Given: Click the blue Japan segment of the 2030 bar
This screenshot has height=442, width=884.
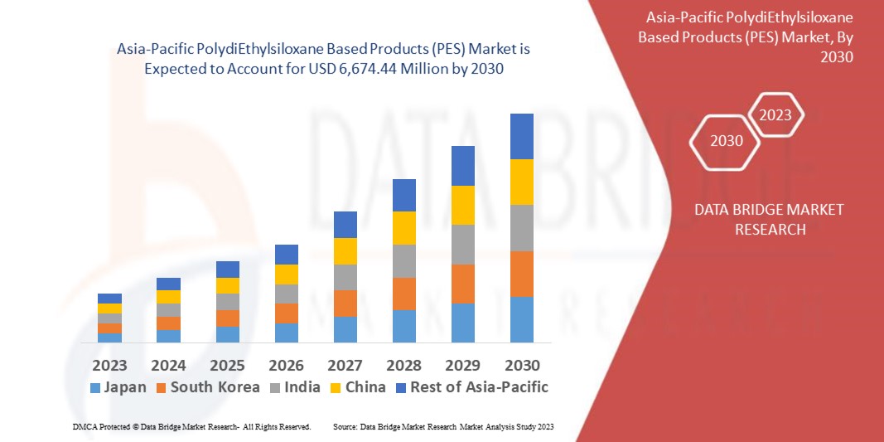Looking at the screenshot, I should click(x=521, y=319).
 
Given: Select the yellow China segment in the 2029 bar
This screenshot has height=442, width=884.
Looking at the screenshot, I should click(x=462, y=205).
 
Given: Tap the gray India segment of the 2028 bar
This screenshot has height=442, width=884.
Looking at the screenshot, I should click(x=403, y=260).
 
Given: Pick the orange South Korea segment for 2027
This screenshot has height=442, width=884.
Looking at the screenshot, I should click(x=345, y=303).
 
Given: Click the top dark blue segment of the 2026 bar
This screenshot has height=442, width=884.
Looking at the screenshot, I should click(x=287, y=254).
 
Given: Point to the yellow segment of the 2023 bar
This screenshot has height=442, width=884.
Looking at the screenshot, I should click(x=109, y=308).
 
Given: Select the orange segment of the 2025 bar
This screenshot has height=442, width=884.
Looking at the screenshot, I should click(x=228, y=318).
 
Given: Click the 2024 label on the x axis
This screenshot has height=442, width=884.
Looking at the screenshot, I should click(x=168, y=365).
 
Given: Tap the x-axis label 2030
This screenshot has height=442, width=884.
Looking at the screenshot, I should click(x=522, y=365).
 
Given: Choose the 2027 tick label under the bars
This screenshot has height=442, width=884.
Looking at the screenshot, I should click(x=345, y=365).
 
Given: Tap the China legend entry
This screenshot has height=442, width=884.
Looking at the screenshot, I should click(x=356, y=387).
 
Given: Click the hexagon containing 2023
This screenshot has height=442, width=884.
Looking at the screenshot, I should click(x=775, y=115).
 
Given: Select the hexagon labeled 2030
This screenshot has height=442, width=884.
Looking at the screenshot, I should click(x=727, y=141).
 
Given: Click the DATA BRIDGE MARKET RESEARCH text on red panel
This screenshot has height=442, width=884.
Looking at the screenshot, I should click(x=770, y=219).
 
